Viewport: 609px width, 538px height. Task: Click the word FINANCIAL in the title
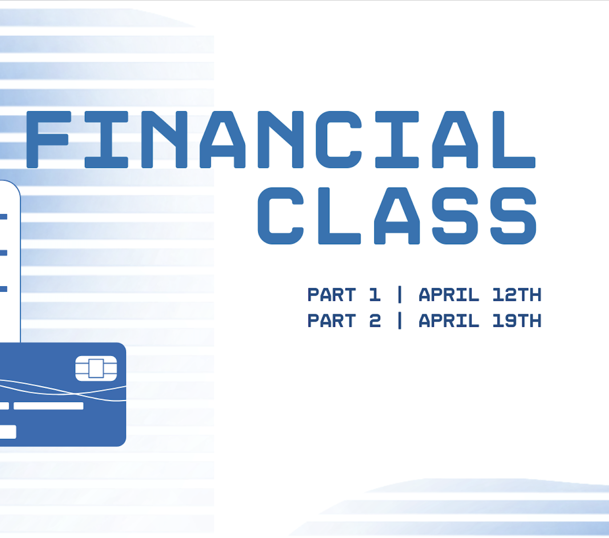pyautogui.click(x=280, y=140)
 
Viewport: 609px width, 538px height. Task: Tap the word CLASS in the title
pyautogui.click(x=397, y=216)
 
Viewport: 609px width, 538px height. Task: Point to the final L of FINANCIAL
pyautogui.click(x=513, y=140)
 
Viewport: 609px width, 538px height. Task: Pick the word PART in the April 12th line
pyautogui.click(x=332, y=295)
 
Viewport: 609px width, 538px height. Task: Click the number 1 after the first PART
pyautogui.click(x=375, y=295)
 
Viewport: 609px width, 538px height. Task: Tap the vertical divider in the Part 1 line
pyautogui.click(x=400, y=294)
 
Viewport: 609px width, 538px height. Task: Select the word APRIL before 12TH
pyautogui.click(x=449, y=295)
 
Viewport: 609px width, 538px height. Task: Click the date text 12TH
pyautogui.click(x=517, y=295)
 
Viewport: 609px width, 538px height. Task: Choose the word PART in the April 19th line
pyautogui.click(x=332, y=321)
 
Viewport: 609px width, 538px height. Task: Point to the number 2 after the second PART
pyautogui.click(x=375, y=321)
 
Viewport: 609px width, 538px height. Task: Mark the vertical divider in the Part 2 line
pyautogui.click(x=400, y=321)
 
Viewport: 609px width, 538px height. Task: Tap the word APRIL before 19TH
pyautogui.click(x=449, y=321)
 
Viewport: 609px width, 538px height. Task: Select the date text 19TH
pyautogui.click(x=517, y=321)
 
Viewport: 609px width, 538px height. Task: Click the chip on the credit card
pyautogui.click(x=96, y=368)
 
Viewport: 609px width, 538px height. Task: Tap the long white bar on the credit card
pyautogui.click(x=48, y=406)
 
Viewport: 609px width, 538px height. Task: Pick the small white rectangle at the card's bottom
pyautogui.click(x=8, y=432)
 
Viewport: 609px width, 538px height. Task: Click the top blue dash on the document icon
pyautogui.click(x=4, y=217)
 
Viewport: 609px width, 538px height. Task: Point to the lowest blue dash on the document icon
pyautogui.click(x=4, y=289)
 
